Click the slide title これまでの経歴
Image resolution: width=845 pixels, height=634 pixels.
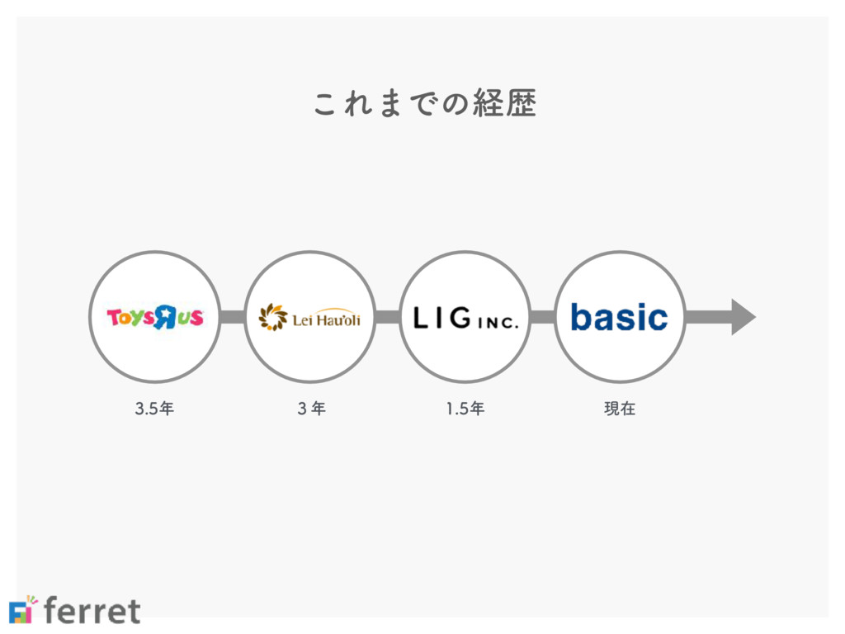(x=425, y=104)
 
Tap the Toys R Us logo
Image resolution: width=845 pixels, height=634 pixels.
(x=154, y=317)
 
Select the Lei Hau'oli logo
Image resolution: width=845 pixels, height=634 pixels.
(x=309, y=317)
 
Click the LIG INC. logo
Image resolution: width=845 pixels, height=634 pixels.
(x=465, y=318)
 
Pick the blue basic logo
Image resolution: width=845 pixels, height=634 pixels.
(x=619, y=317)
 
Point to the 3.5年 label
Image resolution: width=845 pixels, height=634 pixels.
(x=154, y=408)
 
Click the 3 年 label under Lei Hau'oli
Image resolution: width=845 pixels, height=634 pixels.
(x=309, y=408)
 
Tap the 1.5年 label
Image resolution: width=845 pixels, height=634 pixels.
(x=465, y=408)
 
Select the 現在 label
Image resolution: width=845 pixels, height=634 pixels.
(x=620, y=408)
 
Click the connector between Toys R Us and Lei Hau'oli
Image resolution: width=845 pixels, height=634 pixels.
(x=232, y=317)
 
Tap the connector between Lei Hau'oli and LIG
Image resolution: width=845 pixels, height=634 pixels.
(x=387, y=317)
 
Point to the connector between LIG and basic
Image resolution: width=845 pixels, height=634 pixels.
(x=542, y=317)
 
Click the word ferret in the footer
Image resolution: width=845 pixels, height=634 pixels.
(x=92, y=611)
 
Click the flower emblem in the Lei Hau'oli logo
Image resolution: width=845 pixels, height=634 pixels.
(x=272, y=317)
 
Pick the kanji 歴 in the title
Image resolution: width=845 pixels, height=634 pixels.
(x=522, y=104)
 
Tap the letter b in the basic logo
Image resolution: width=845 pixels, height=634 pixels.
(x=582, y=316)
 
